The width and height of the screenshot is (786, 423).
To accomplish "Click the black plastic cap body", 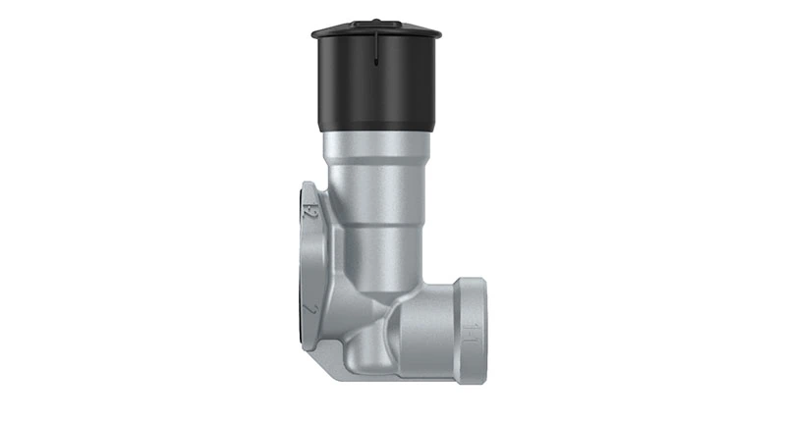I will [378, 83].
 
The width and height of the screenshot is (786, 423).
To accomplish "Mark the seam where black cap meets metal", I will [378, 132].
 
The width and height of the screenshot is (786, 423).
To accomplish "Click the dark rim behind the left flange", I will [297, 275].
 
